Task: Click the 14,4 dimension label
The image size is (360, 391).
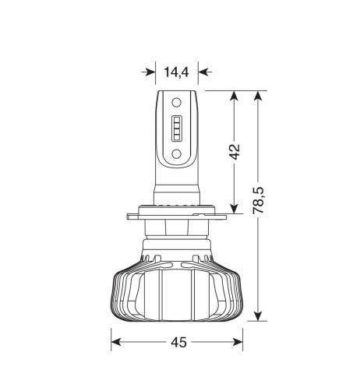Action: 176,72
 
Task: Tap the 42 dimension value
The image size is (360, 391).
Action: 235,152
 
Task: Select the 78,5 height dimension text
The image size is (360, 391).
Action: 258,200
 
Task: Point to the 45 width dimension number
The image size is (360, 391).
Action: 178,342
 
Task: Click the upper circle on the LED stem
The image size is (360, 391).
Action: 176,102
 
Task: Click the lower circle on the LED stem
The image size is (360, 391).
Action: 176,154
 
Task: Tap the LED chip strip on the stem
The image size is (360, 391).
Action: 176,129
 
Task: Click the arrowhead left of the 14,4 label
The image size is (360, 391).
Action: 150,72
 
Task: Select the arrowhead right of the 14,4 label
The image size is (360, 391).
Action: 204,72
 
